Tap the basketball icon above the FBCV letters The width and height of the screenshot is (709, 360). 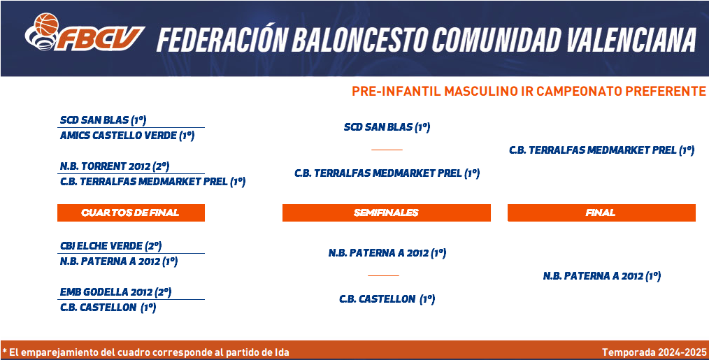pos(47,24)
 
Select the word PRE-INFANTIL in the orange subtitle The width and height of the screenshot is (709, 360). pos(396,92)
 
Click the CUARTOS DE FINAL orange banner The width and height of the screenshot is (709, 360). pos(131,213)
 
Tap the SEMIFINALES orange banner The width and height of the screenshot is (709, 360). pos(386,213)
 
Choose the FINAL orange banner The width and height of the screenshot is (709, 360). pos(601,213)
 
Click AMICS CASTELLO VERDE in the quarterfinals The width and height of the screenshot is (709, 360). pos(127,136)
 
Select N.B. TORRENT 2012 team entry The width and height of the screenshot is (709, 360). pos(115,166)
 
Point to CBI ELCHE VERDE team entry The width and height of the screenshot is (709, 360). pos(110,246)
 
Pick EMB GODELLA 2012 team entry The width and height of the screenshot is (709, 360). pos(116,292)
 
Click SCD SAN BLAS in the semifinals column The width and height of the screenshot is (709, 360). pos(387,127)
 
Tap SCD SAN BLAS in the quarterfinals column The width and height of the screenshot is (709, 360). pos(103,120)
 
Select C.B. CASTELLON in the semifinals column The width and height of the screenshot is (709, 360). pos(387,299)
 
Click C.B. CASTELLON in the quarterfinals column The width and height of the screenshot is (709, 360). pos(108,308)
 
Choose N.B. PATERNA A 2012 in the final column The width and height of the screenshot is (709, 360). pos(602,276)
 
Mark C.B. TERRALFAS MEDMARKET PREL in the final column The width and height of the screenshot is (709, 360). pos(601,150)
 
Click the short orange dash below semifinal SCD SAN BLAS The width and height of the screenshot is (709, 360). pos(387,150)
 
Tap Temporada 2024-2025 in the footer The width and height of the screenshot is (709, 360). pos(654,352)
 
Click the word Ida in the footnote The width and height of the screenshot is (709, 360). pos(282,352)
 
